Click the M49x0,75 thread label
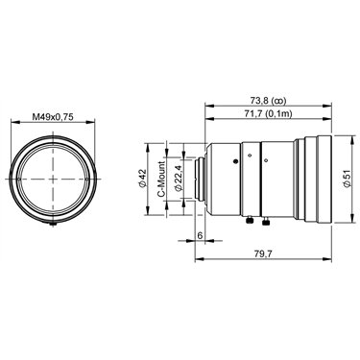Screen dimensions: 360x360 coord(53,117)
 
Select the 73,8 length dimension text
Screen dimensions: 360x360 coord(259,101)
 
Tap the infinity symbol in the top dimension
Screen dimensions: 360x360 coord(278,102)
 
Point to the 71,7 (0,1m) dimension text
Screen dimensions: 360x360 coord(268,113)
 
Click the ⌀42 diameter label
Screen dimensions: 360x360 coord(142,179)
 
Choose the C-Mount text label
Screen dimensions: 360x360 coord(162,180)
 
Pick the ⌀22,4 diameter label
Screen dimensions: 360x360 coord(179,179)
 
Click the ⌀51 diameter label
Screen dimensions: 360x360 coord(347,179)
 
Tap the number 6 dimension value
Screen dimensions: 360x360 coord(200,235)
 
